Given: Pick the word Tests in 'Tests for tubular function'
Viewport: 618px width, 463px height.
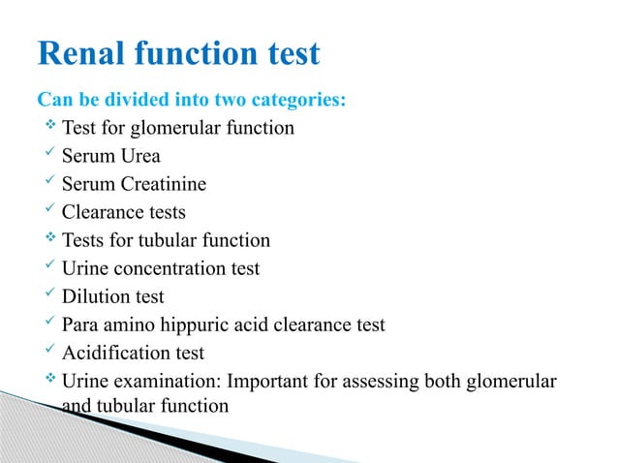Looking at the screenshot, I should [x=85, y=240].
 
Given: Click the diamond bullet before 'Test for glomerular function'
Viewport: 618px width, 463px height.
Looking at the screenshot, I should [x=51, y=127].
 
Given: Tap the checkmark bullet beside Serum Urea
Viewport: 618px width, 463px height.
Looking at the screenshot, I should [x=51, y=155].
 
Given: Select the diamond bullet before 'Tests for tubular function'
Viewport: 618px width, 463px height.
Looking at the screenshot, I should [x=51, y=239].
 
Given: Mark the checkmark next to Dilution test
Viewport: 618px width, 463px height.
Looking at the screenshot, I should [x=51, y=295].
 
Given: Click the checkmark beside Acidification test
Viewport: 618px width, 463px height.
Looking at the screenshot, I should [x=51, y=352].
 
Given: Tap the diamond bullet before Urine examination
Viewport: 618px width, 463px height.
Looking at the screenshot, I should [x=51, y=380].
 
